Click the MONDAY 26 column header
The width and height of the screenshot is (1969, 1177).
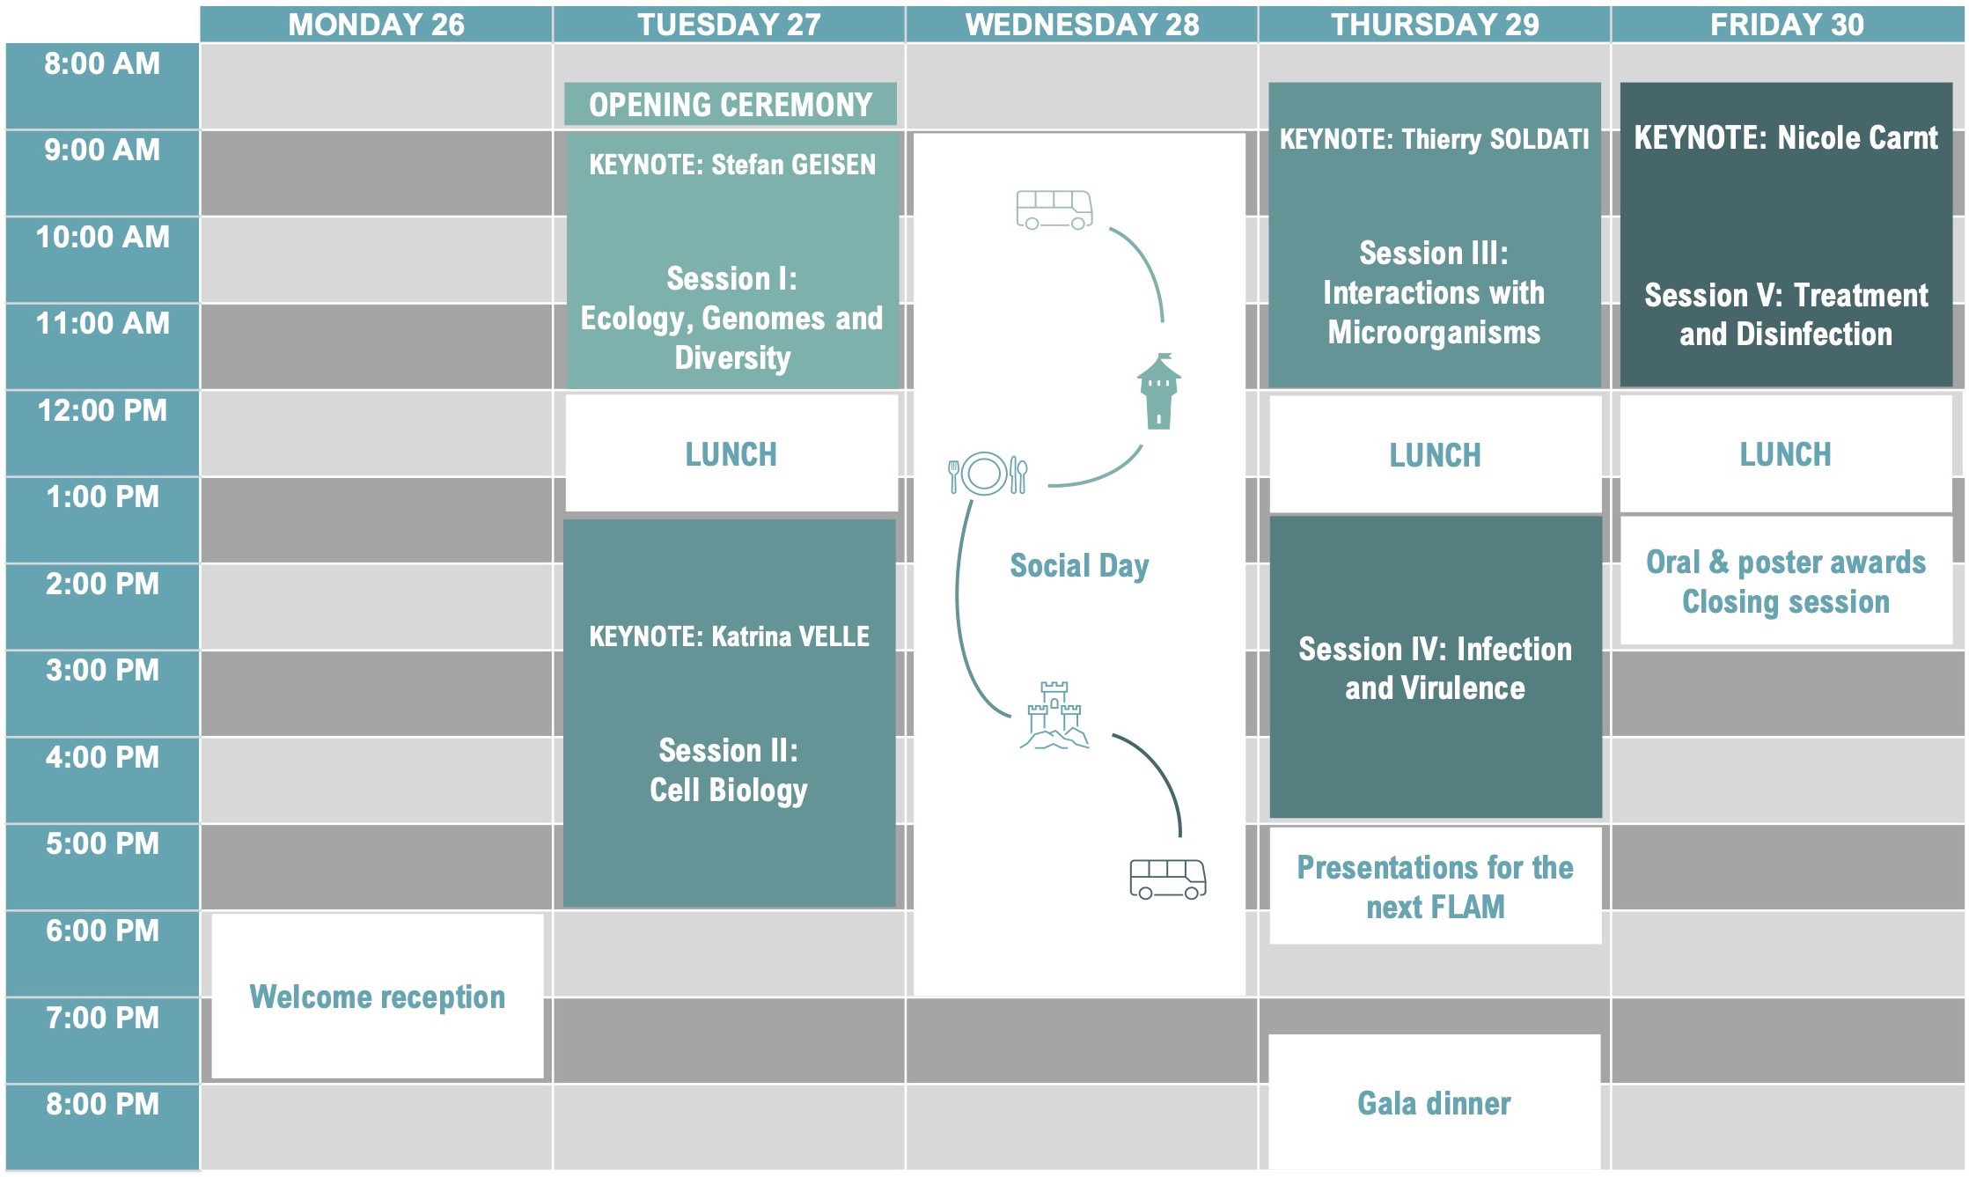coord(376,25)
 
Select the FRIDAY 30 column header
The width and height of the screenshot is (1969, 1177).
coord(1786,25)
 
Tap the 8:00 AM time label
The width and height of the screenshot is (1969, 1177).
coord(102,64)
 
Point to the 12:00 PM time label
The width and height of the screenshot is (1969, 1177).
coord(102,411)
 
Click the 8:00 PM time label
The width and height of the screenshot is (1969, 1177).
coord(102,1105)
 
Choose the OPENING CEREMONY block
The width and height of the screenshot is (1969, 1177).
coord(730,105)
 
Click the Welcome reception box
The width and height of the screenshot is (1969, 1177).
coord(377,997)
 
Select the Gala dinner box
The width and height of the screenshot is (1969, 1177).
coord(1434,1103)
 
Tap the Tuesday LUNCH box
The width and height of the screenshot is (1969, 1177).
coord(731,454)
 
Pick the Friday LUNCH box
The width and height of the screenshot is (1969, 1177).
coord(1785,454)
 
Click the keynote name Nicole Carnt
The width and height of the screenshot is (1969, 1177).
coord(1857,137)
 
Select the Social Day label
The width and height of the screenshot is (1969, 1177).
coord(1079,566)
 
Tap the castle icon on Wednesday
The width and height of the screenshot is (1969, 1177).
coord(1054,716)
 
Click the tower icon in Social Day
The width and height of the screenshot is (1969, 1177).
coord(1158,391)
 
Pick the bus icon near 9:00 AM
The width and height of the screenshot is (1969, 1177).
coord(1054,210)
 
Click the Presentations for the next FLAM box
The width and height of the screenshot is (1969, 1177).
coord(1435,886)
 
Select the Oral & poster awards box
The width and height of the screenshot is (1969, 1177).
coord(1785,581)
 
